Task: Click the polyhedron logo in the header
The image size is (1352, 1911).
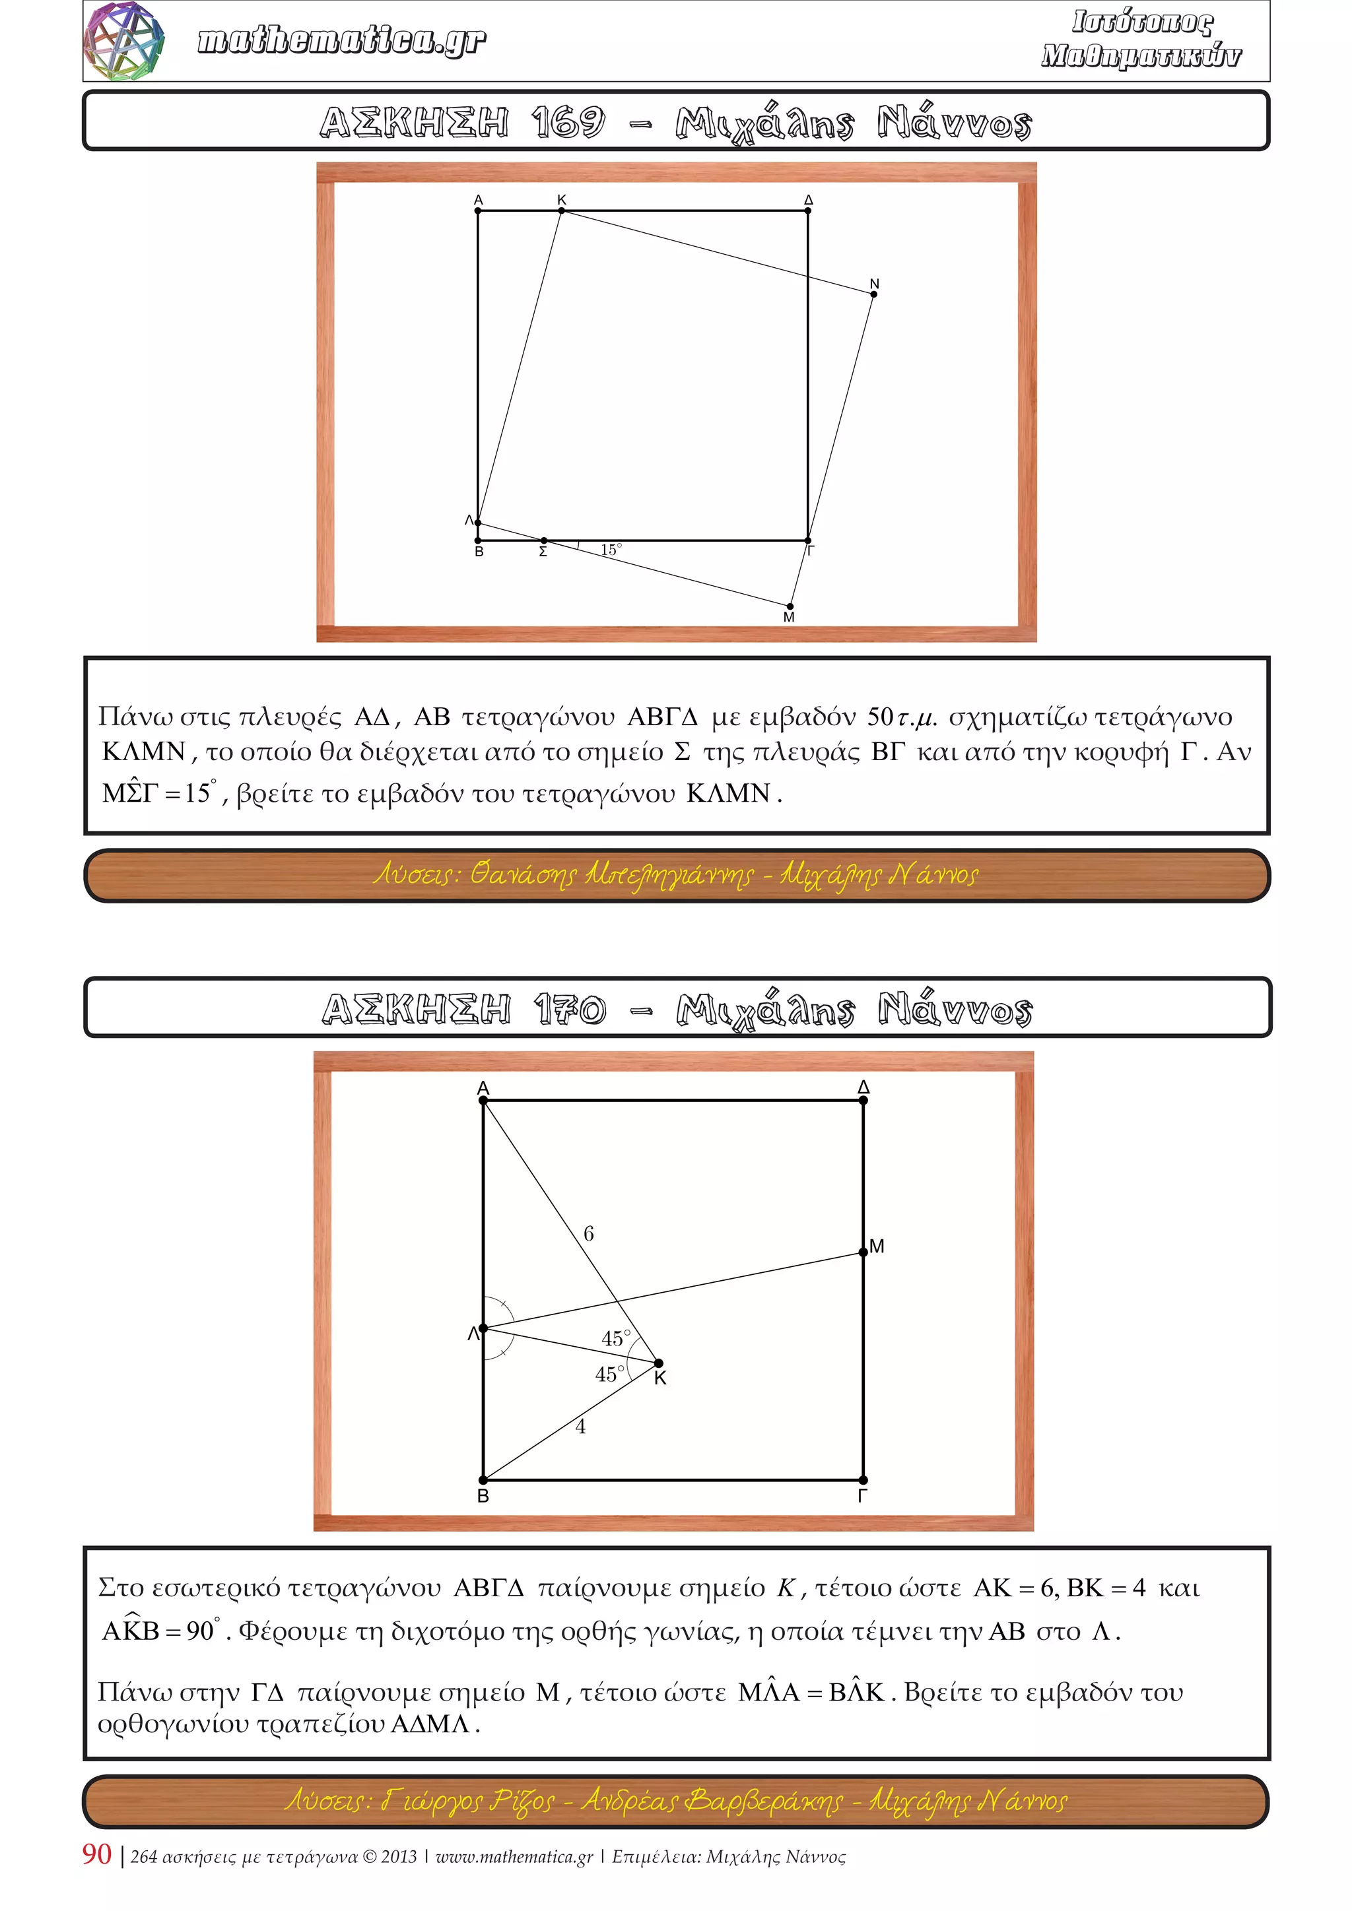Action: click(x=125, y=41)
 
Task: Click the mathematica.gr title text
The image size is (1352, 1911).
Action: click(x=341, y=40)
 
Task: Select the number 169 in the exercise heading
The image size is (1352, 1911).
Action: click(x=568, y=122)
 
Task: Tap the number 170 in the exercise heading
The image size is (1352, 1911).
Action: click(x=570, y=1010)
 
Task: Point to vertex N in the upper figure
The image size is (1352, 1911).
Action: click(x=873, y=294)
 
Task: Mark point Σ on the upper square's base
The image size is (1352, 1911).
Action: click(x=543, y=541)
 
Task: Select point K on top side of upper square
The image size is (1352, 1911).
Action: click(x=562, y=211)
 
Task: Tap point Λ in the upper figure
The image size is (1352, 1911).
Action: click(x=478, y=523)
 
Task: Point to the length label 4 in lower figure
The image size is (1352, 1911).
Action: click(x=580, y=1427)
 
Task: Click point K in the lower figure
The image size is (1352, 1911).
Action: click(x=659, y=1363)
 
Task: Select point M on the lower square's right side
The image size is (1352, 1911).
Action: click(x=863, y=1252)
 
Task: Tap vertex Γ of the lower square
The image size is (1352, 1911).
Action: click(x=863, y=1481)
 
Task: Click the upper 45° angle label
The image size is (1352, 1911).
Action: click(x=615, y=1339)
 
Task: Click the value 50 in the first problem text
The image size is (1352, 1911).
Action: click(x=880, y=717)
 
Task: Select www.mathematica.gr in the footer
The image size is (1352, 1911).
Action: click(x=514, y=1857)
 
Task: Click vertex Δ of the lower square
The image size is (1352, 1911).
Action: click(x=863, y=1100)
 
